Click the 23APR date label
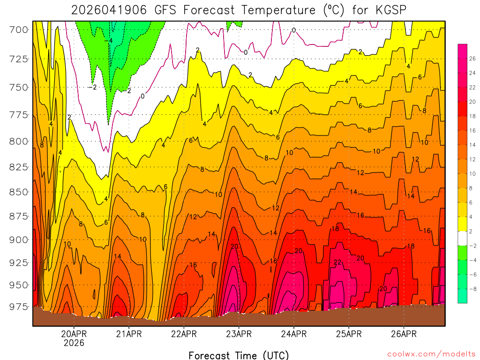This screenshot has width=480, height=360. tap(239, 334)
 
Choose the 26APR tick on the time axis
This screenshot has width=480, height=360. tap(404, 334)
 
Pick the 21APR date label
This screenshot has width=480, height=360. tap(129, 334)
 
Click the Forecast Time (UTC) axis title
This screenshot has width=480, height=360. tap(239, 355)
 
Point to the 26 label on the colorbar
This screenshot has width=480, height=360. tap(472, 59)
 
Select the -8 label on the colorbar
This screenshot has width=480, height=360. tap(472, 288)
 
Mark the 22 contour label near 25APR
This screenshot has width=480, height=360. tap(337, 262)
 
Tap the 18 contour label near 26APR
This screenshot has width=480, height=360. tap(411, 246)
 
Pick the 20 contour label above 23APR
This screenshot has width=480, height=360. tap(235, 247)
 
